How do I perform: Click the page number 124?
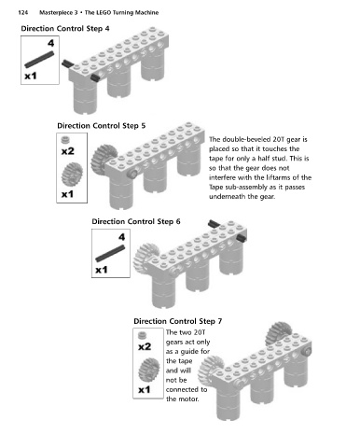click(22, 13)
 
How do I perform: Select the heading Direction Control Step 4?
click(65, 29)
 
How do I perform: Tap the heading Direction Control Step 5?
click(102, 126)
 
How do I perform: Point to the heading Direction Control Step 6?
click(136, 222)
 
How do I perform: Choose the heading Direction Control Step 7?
click(178, 321)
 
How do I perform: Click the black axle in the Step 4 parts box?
click(39, 60)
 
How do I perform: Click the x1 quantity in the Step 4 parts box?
click(31, 76)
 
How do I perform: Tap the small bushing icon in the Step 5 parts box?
click(65, 140)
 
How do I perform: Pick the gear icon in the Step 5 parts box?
click(72, 174)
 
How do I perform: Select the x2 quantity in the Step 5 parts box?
click(68, 151)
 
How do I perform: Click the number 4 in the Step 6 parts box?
click(121, 237)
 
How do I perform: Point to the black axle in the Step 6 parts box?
click(110, 253)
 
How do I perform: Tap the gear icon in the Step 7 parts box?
click(149, 369)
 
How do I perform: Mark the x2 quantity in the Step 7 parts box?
click(145, 346)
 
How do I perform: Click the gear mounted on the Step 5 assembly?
click(103, 159)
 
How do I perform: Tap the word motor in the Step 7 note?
click(187, 399)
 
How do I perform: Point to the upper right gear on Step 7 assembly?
click(279, 333)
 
